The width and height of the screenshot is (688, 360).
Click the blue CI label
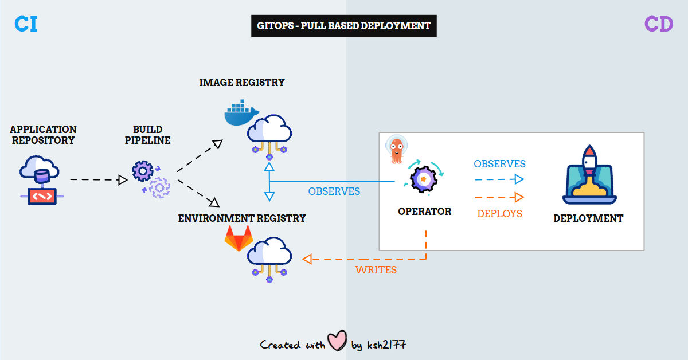click(x=26, y=24)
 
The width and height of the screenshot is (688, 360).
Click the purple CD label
click(x=658, y=24)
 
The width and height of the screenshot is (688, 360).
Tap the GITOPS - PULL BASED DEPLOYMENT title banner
click(x=343, y=26)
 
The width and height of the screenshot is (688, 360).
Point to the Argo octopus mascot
click(x=396, y=150)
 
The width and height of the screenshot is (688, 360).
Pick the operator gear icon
click(x=424, y=179)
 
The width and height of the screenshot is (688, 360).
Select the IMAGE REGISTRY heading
click(x=241, y=83)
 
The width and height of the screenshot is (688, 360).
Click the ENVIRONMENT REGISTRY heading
click(x=241, y=218)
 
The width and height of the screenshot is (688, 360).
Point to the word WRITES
click(x=376, y=270)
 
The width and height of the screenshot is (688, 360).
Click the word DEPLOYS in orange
click(x=499, y=214)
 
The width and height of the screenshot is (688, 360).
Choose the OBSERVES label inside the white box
click(x=499, y=164)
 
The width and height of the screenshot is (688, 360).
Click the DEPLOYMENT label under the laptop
click(x=588, y=218)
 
